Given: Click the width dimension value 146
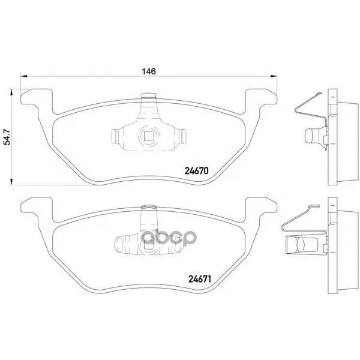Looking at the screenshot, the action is [x=149, y=71].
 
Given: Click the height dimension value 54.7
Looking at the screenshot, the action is [x=7, y=137].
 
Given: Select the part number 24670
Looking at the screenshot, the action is [x=196, y=171].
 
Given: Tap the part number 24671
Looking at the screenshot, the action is [x=200, y=279].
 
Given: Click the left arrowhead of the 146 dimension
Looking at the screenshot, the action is [x=24, y=76].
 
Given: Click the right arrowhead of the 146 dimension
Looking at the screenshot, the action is [x=274, y=76].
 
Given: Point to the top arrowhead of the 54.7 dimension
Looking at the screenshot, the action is [x=11, y=92].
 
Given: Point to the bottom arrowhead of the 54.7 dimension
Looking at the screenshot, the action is [x=11, y=181].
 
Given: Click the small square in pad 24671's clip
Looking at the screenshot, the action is [x=148, y=245].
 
